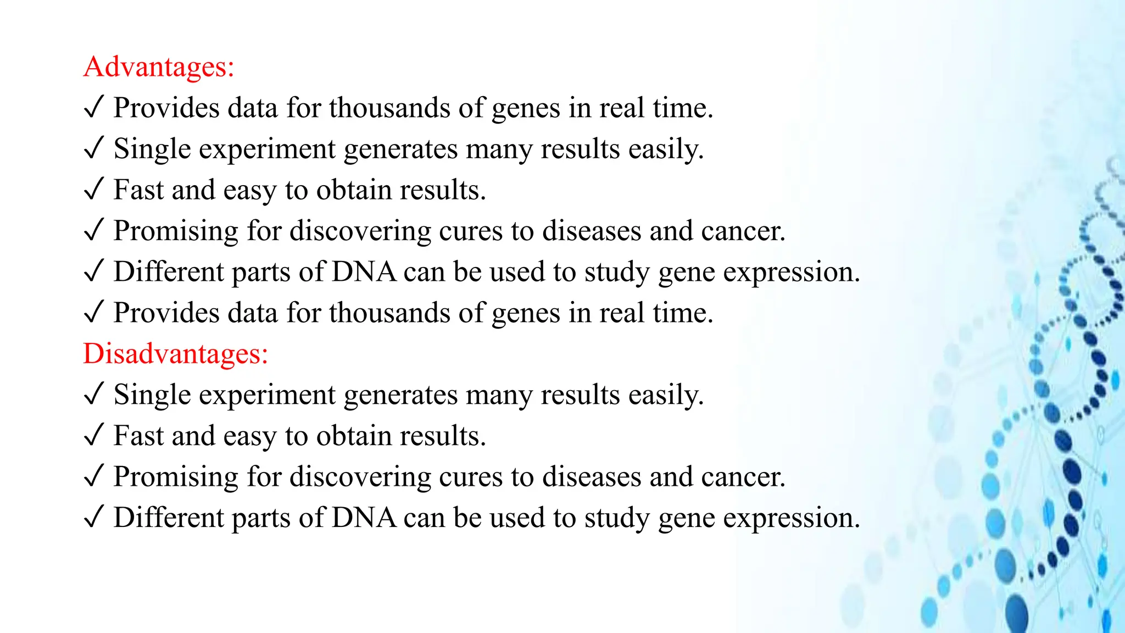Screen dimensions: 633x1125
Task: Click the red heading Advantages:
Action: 159,67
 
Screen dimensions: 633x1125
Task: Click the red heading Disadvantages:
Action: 175,353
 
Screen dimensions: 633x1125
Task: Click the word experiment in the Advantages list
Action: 267,149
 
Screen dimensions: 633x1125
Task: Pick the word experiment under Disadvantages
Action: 267,395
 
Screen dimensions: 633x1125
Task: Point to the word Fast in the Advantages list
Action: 138,190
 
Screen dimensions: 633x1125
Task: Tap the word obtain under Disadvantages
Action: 353,436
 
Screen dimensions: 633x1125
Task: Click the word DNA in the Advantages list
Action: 364,272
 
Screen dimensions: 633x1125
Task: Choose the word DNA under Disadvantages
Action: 364,518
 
